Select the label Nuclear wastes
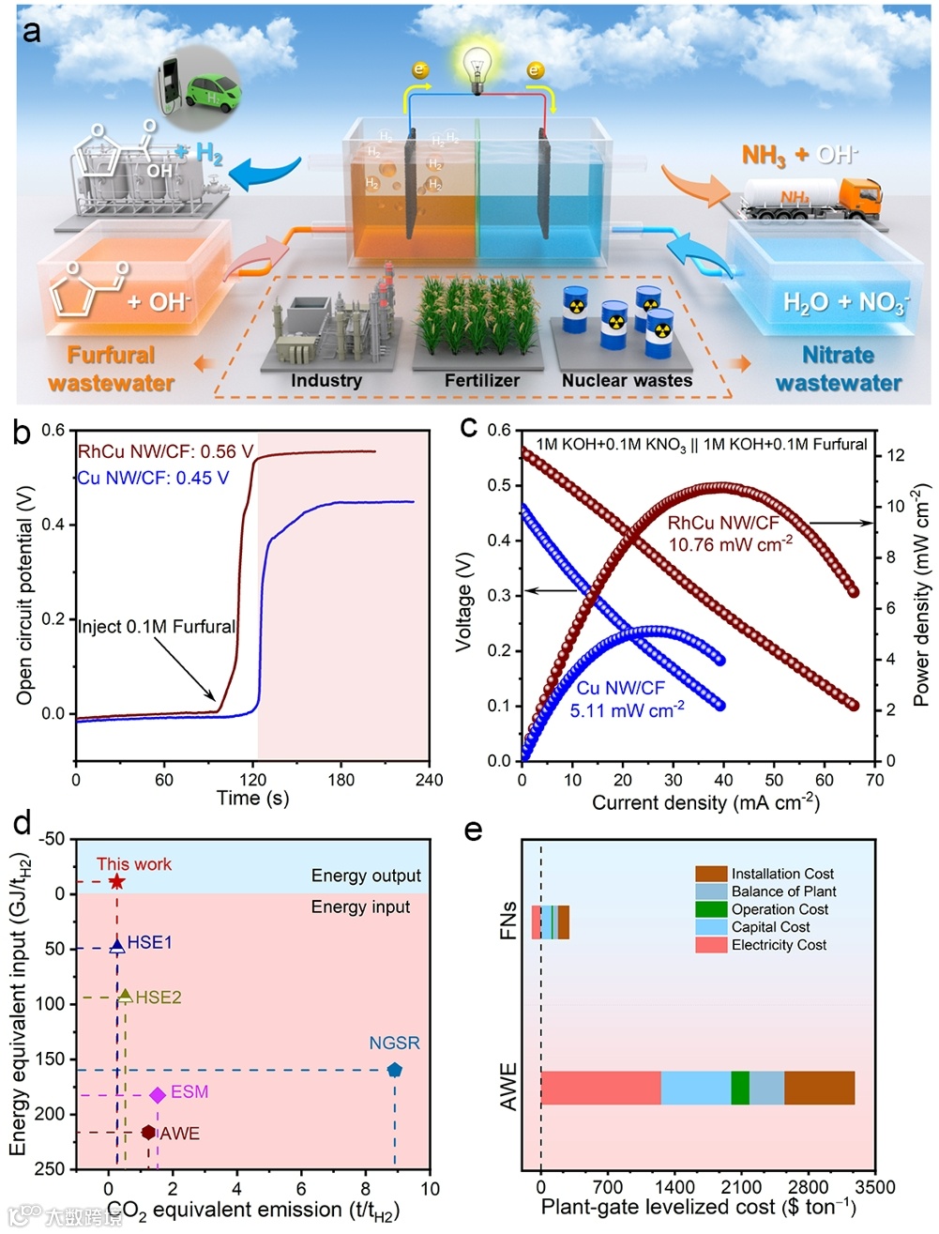click(627, 380)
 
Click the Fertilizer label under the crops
click(481, 380)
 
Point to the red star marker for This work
click(116, 881)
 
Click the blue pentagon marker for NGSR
click(395, 1070)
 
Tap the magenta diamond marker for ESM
click(158, 1094)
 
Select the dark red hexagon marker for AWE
click(148, 1133)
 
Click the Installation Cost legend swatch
click(711, 874)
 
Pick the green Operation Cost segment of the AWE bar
click(740, 1088)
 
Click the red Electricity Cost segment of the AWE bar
click(600, 1088)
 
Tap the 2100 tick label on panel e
click(741, 1187)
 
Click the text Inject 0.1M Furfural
click(156, 627)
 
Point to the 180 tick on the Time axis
click(341, 780)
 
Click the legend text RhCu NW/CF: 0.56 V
click(165, 452)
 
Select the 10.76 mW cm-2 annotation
click(730, 544)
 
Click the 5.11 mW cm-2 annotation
click(627, 710)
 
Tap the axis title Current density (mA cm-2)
click(705, 803)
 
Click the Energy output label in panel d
click(366, 876)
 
